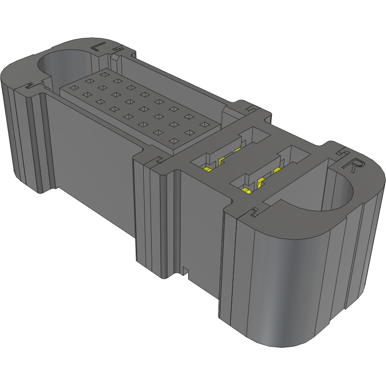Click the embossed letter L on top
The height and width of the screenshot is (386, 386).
click(98, 47)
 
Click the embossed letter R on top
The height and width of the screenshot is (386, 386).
click(354, 167)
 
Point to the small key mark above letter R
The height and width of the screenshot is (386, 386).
click(341, 152)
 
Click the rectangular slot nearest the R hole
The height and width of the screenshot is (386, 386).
click(265, 173)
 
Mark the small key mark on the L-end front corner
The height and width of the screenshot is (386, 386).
click(29, 86)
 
